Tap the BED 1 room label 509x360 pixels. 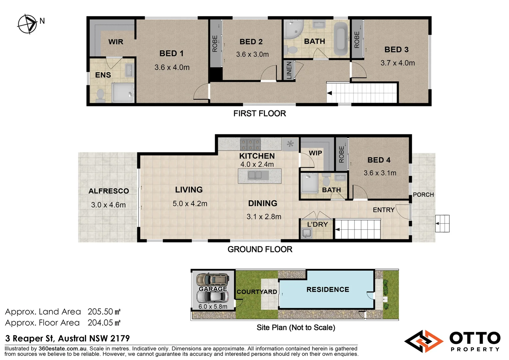[x=171, y=53]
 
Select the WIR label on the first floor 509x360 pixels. [x=116, y=42]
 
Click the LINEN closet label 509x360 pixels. [x=289, y=70]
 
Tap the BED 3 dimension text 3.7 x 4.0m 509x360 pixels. [x=397, y=63]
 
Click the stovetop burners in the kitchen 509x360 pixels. [x=251, y=144]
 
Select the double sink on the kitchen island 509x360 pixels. [x=255, y=175]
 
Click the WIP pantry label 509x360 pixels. [x=315, y=153]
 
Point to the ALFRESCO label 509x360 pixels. [x=109, y=191]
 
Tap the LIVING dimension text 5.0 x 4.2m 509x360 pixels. [x=190, y=204]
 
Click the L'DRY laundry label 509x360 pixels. [x=317, y=224]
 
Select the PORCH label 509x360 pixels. [x=423, y=195]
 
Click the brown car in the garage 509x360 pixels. [x=213, y=279]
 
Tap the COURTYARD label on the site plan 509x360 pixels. [x=256, y=292]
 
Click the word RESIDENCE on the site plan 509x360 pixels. [x=328, y=289]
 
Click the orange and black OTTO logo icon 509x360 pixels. [x=424, y=341]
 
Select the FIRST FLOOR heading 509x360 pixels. [x=259, y=114]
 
